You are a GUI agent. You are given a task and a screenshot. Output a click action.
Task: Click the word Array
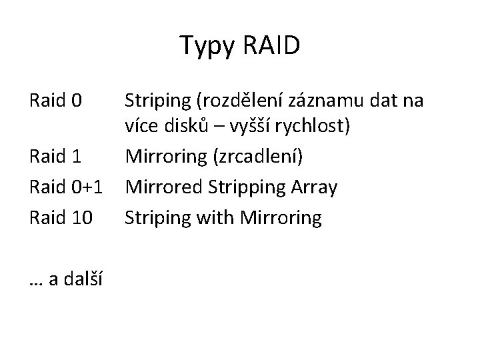coord(314,187)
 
